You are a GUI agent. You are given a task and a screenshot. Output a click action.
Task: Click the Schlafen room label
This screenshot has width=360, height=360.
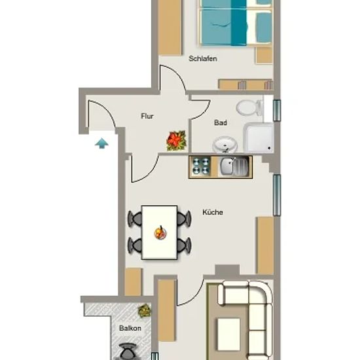[x=203, y=59]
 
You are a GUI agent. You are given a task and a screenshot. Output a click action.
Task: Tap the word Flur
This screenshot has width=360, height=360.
[x=147, y=116]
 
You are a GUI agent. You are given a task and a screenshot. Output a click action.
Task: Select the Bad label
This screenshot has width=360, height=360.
[x=221, y=123]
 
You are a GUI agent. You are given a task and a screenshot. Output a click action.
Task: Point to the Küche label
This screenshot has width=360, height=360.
[x=213, y=212]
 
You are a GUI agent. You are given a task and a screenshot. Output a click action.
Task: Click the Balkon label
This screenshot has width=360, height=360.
[x=130, y=328]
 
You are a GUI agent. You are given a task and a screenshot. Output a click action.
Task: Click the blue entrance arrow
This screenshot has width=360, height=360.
[x=101, y=143]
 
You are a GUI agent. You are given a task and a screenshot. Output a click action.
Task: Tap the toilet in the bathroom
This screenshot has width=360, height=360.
[x=249, y=107]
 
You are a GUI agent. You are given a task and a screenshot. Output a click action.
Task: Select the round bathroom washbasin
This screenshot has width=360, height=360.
[x=225, y=145]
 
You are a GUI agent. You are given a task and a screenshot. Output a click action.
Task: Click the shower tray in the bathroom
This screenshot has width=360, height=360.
[x=259, y=137]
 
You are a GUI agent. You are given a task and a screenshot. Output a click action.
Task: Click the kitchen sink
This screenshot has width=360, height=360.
[x=234, y=166]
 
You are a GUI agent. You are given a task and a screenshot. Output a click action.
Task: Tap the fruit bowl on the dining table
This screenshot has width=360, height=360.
[x=160, y=232]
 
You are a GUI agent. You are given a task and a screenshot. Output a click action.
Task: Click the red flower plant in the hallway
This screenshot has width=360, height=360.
[x=176, y=141]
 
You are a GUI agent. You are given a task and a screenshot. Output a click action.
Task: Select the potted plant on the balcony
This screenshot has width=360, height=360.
[x=144, y=311]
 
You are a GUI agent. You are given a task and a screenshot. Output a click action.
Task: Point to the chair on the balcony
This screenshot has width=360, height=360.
[x=128, y=351]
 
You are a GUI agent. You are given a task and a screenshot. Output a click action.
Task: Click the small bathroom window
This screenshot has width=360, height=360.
[x=277, y=111]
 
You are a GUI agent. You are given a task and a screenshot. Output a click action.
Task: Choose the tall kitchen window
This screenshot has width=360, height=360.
[x=277, y=195]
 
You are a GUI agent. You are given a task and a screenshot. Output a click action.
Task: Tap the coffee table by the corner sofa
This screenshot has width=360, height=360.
[x=228, y=334]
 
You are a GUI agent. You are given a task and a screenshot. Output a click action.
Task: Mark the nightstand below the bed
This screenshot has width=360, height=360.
[x=264, y=55]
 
